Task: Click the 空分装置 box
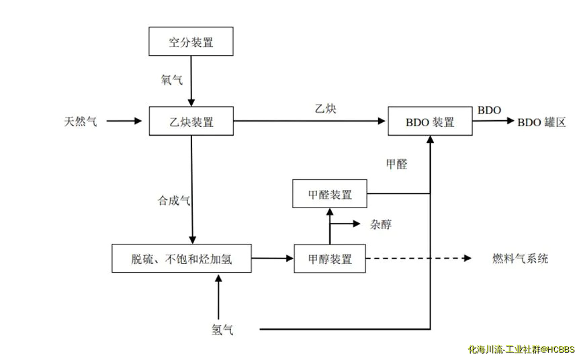point(191,42)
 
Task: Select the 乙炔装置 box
point(191,121)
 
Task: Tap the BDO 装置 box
point(430,122)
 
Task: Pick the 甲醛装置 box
point(330,194)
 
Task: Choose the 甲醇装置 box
point(330,259)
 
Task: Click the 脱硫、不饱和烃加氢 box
point(181,259)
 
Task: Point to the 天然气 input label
point(80,122)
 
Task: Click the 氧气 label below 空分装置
point(171,80)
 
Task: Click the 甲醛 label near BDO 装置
point(396,164)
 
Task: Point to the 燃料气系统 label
point(520,259)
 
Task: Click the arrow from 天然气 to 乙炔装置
point(125,121)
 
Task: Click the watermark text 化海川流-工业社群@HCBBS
point(521,349)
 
